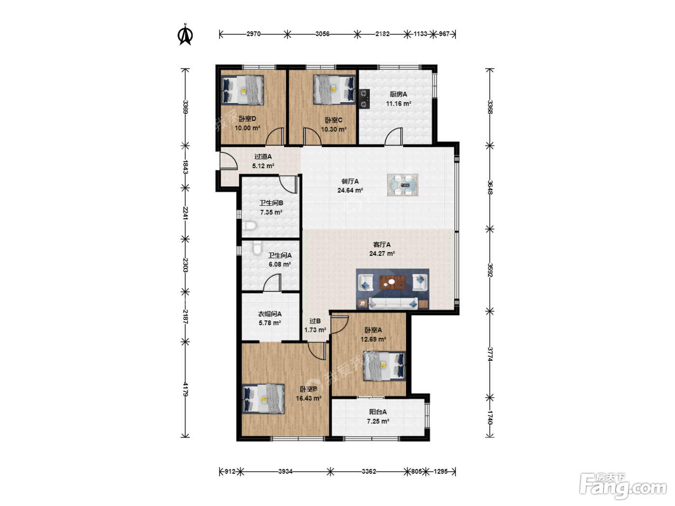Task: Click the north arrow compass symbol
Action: click(x=186, y=34)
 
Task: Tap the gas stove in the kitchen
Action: click(x=364, y=99)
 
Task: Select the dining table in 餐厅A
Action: click(x=403, y=185)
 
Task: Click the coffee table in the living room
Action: click(x=392, y=282)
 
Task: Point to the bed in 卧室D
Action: click(x=243, y=90)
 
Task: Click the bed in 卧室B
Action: click(x=263, y=399)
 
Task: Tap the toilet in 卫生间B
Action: click(x=249, y=226)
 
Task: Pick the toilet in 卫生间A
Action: click(x=257, y=248)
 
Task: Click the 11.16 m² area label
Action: click(x=399, y=104)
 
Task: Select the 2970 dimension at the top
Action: click(x=254, y=34)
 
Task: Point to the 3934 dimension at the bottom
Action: click(x=285, y=471)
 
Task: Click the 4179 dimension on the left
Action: click(x=185, y=389)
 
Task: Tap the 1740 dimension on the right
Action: click(x=490, y=417)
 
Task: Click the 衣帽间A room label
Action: click(x=270, y=314)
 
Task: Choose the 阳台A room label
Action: click(x=378, y=412)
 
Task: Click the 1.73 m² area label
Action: click(x=315, y=330)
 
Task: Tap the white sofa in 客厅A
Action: click(x=393, y=303)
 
